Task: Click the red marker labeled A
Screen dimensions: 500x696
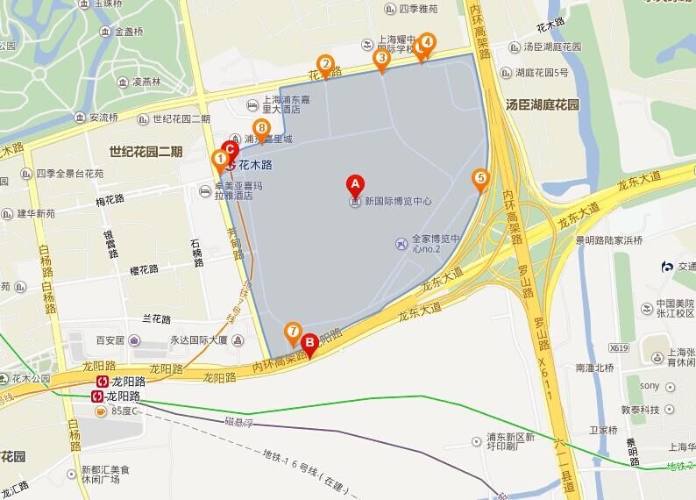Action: click(x=355, y=184)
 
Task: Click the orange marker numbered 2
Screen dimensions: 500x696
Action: click(x=325, y=64)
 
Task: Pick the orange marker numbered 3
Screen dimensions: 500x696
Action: click(x=381, y=59)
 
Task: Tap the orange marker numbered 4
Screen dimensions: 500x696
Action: click(x=427, y=41)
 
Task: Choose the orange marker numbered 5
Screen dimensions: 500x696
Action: click(x=479, y=178)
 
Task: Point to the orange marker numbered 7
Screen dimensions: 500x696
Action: click(x=293, y=331)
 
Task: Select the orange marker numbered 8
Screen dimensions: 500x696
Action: click(x=259, y=126)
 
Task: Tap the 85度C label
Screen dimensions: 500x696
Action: click(x=124, y=411)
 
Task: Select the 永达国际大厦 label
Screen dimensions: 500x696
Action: click(x=199, y=339)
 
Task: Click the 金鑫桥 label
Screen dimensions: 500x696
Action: click(x=131, y=32)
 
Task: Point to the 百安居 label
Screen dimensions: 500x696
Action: click(x=112, y=339)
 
